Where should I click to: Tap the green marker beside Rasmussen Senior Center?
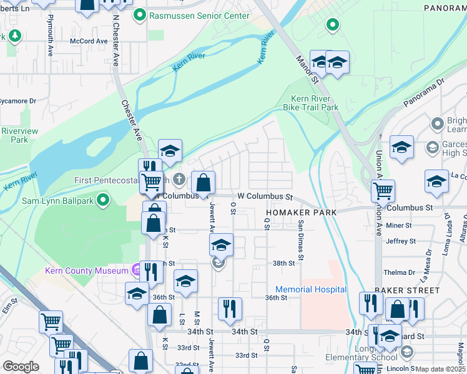142,16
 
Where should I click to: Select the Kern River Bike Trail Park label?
315,103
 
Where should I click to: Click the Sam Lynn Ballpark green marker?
104,200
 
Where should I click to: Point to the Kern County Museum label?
87,271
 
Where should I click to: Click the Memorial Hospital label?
311,289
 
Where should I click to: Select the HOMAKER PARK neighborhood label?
301,213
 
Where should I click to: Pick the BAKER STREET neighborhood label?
408,290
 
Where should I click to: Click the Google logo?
21,367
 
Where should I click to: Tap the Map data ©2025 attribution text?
440,369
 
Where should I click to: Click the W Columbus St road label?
265,196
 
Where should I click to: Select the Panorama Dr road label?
423,90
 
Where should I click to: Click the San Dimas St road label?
301,241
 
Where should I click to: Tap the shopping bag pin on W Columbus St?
203,183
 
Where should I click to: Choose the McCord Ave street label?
89,41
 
